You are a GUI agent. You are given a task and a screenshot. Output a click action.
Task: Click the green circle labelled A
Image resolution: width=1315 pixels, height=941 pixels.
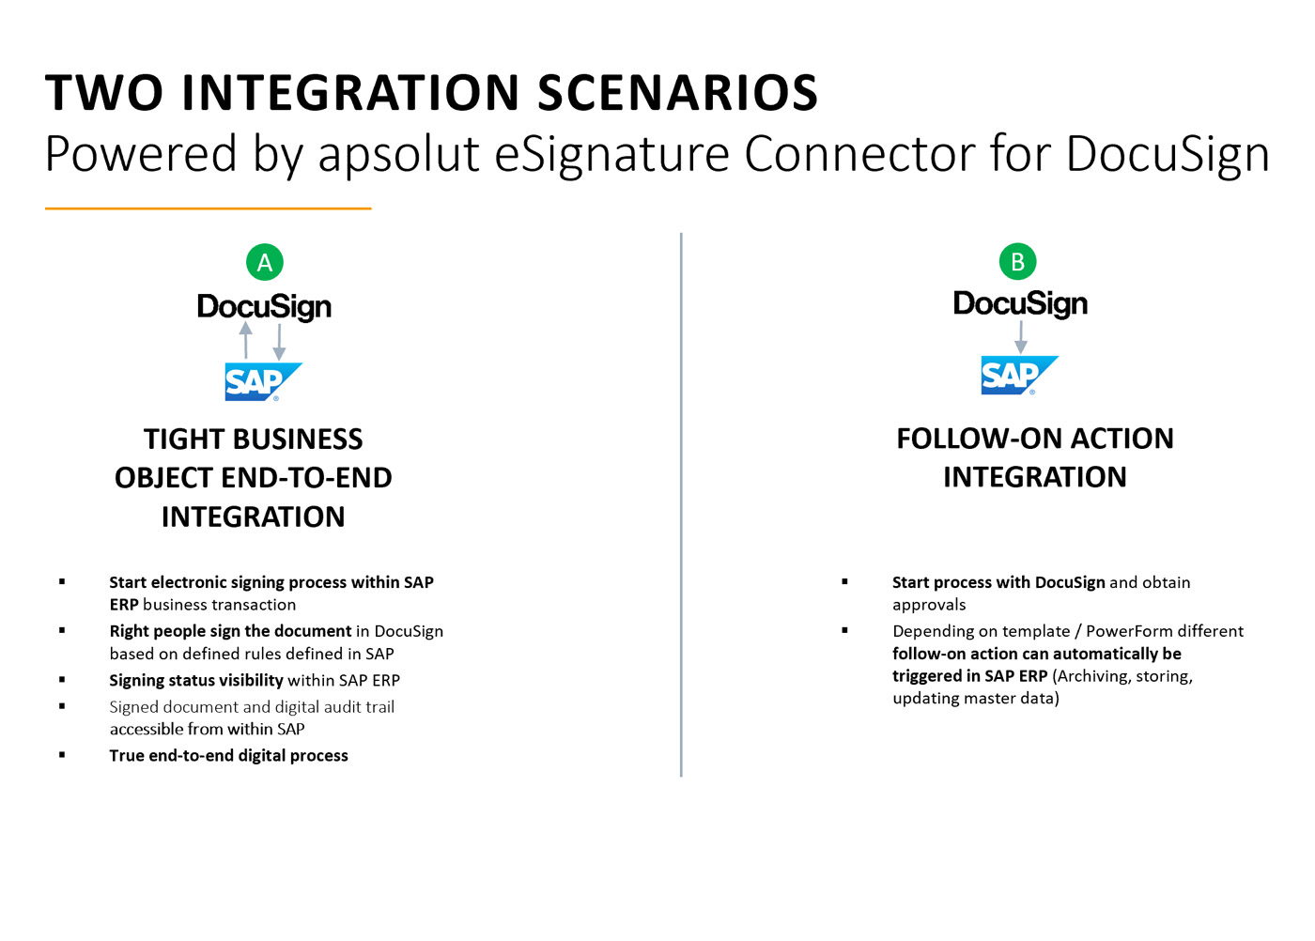coord(265,262)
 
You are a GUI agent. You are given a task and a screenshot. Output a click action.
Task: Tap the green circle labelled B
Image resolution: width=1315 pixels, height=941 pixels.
coord(1017,262)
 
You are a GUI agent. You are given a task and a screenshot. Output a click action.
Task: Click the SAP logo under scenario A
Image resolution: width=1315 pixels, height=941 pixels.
coord(264,381)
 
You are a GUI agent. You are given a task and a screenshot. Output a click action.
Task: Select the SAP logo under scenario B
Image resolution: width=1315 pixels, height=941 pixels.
coord(1020,375)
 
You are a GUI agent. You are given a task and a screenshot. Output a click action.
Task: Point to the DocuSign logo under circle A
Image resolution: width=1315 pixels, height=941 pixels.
coord(264,307)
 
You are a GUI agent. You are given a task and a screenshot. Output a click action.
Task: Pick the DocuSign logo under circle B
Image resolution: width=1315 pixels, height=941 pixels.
coord(1020,304)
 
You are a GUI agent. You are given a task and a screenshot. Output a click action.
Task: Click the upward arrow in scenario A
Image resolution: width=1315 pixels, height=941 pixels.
coord(246,340)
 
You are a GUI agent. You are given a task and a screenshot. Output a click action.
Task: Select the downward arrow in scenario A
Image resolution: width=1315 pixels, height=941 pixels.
coord(280,342)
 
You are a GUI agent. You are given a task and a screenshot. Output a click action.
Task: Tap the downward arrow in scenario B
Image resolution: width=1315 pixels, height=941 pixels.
coord(1021,337)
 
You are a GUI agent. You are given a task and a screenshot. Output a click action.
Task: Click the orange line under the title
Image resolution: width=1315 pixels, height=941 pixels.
coord(209,208)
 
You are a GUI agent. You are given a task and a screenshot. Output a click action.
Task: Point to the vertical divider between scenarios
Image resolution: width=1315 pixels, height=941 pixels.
coord(681,505)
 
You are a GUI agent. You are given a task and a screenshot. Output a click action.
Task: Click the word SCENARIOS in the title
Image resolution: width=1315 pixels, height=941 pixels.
coord(677,93)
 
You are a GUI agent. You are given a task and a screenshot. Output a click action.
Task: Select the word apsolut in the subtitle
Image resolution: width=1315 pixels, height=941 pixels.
coord(398,154)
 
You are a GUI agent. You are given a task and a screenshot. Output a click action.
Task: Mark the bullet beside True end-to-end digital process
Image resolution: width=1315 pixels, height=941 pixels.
coord(62,755)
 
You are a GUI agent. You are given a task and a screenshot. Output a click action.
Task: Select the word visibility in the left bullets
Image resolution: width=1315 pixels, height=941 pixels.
coord(251,680)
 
